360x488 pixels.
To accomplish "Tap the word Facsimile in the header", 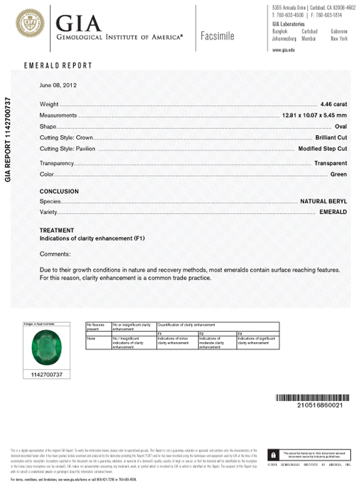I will pyautogui.click(x=217, y=36).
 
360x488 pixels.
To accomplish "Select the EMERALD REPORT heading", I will pyautogui.click(x=58, y=65).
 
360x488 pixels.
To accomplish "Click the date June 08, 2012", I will pyautogui.click(x=58, y=85).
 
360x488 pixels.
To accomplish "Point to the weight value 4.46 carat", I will pyautogui.click(x=334, y=104).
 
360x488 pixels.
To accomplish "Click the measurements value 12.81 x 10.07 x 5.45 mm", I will pyautogui.click(x=315, y=116).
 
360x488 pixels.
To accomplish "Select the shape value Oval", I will pyautogui.click(x=341, y=127).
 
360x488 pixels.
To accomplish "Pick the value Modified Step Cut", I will pyautogui.click(x=322, y=149).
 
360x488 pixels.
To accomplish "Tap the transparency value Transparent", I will pyautogui.click(x=331, y=163).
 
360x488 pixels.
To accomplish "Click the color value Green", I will pyautogui.click(x=339, y=174).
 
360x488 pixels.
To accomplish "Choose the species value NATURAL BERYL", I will pyautogui.click(x=323, y=201).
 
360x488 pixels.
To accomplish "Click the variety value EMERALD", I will pyautogui.click(x=333, y=212).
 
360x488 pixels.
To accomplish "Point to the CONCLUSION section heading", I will pyautogui.click(x=59, y=191).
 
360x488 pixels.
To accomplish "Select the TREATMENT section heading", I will pyautogui.click(x=57, y=230).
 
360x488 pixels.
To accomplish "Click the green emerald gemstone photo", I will pyautogui.click(x=47, y=347).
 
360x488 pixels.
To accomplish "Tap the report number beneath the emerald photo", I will pyautogui.click(x=47, y=374).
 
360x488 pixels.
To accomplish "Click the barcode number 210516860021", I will pyautogui.click(x=319, y=405).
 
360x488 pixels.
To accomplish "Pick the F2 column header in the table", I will pyautogui.click(x=201, y=333).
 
